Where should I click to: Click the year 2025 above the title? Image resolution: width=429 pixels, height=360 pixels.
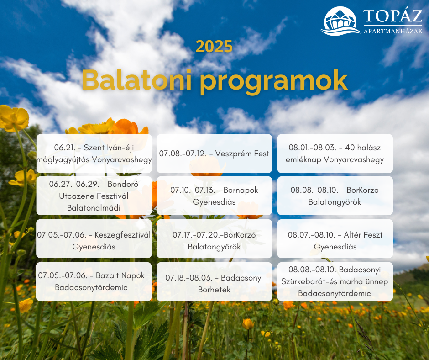214,47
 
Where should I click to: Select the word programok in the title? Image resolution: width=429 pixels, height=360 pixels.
273,82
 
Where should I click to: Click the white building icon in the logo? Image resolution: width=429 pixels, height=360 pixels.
340,21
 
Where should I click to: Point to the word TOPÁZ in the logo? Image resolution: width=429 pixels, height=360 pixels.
393,16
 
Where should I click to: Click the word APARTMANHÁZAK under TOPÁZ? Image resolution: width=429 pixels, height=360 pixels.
393,31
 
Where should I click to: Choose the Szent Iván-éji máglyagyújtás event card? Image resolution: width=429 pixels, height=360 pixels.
94,154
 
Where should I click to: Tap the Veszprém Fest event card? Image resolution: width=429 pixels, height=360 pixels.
214,154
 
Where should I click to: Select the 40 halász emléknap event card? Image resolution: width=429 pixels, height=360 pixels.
335,154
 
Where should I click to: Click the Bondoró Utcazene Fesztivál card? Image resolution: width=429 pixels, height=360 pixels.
94,196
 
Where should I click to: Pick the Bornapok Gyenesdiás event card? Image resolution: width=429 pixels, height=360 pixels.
214,196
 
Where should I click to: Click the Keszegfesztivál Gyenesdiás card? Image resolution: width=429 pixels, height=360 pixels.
94,238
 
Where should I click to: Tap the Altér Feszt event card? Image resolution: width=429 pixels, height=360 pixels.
335,238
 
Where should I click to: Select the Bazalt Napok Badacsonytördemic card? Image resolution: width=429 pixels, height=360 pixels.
94,281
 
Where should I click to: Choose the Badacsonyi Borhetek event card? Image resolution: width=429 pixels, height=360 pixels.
214,281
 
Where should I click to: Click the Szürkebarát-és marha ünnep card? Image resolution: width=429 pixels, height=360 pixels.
335,281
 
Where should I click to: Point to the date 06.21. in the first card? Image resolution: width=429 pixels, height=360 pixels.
64,148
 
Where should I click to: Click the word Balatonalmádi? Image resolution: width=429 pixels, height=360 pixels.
94,208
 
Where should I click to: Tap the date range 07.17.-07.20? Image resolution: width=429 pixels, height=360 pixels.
196,235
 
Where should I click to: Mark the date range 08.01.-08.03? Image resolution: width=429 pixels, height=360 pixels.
313,148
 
